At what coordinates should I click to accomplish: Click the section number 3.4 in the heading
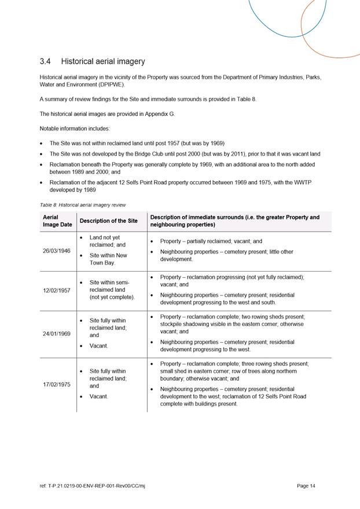pyautogui.click(x=46, y=61)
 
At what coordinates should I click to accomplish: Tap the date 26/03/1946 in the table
pyautogui.click(x=57, y=251)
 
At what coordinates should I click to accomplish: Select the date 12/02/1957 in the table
pyautogui.click(x=57, y=290)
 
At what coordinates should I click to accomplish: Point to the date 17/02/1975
pyautogui.click(x=57, y=383)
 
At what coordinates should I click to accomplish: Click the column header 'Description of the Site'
pyautogui.click(x=108, y=221)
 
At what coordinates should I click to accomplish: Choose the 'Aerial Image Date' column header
pyautogui.click(x=57, y=221)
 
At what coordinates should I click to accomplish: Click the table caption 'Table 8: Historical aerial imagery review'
pyautogui.click(x=82, y=205)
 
